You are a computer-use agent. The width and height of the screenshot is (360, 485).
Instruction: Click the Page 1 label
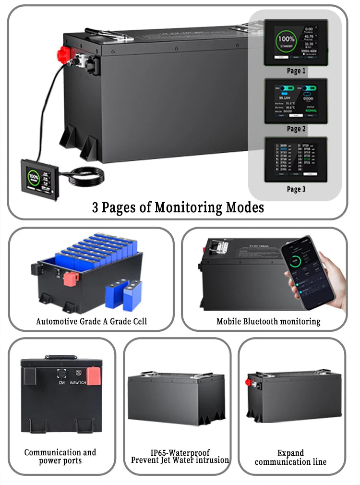pos(296,71)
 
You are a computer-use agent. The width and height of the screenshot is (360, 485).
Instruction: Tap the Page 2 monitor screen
pos(296,101)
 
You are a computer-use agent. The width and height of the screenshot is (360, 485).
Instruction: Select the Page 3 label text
pos(296,189)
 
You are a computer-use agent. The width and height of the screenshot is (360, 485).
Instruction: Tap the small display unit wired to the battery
pos(40,179)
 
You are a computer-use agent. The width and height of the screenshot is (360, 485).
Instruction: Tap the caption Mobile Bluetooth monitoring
pos(268,321)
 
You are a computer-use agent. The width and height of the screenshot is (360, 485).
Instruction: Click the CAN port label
pos(61,383)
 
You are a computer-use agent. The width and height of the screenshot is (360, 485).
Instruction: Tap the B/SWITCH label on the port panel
pos(78,383)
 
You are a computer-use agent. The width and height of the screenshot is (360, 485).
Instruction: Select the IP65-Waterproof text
pos(180,452)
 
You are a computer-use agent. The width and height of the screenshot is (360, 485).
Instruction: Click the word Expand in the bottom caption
pos(290,453)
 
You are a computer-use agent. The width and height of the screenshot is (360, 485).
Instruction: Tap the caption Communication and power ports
pos(60,457)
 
